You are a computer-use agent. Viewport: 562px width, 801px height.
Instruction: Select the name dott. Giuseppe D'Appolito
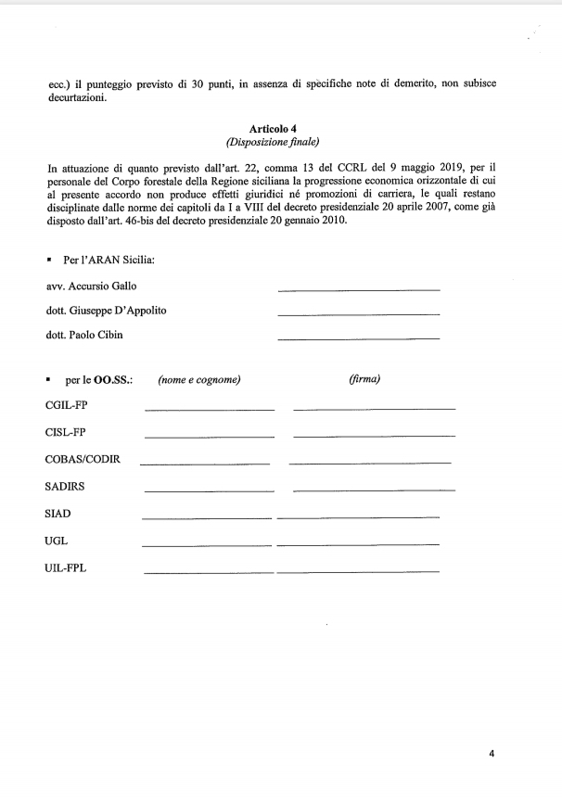tap(107, 311)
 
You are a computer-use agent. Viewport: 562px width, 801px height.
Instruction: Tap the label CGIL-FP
tap(66, 405)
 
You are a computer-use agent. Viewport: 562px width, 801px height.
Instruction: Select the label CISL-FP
tap(65, 432)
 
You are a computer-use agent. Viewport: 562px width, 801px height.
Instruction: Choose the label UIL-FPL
tap(66, 566)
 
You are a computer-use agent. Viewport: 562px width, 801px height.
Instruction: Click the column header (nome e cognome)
tap(199, 379)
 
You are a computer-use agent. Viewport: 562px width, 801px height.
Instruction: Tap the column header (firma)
tap(364, 379)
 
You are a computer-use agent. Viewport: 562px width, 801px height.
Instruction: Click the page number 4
tap(492, 753)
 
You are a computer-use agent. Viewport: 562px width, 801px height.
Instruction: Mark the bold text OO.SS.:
tap(114, 379)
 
